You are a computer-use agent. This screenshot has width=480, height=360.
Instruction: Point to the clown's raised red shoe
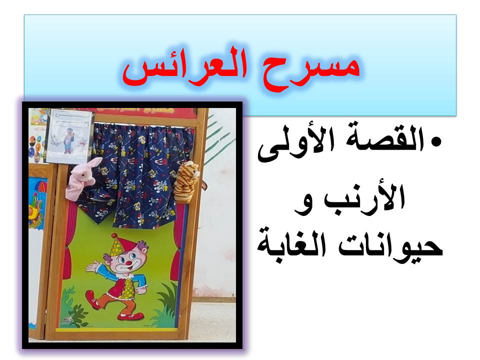pos(92,299)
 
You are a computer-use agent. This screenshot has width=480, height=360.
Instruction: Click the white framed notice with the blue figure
pos(69,136)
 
